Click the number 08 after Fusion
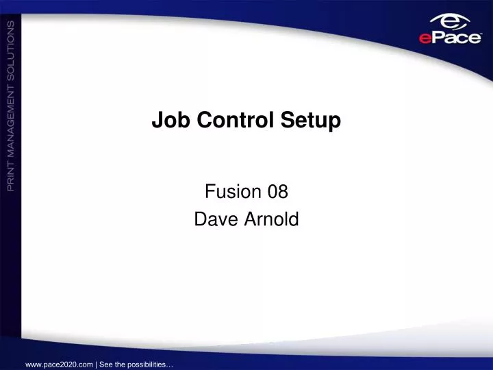click(278, 193)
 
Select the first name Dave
click(212, 219)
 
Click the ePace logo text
click(450, 38)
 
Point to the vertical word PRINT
click(11, 172)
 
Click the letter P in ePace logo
click(436, 38)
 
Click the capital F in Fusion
click(209, 193)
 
